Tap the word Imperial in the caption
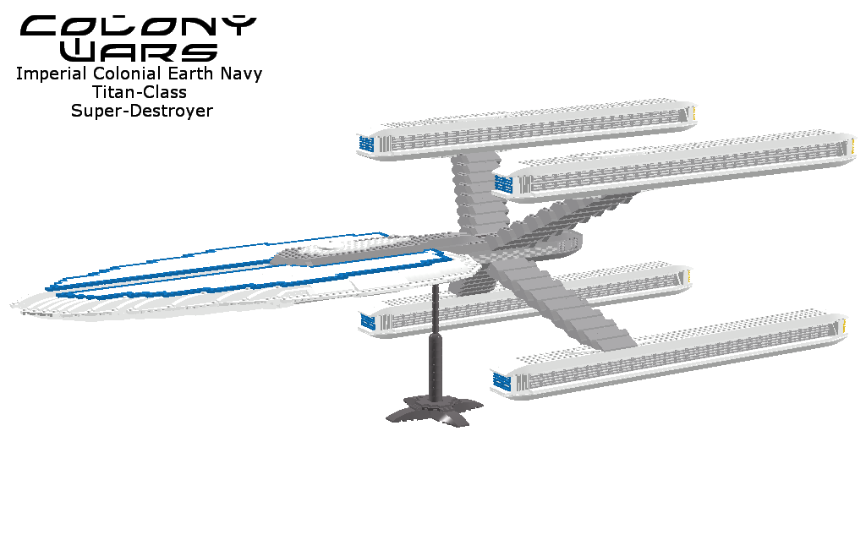pos(47,74)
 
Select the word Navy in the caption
pos(242,74)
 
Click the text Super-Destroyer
pos(141,111)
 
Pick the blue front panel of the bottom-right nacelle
pos(503,382)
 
